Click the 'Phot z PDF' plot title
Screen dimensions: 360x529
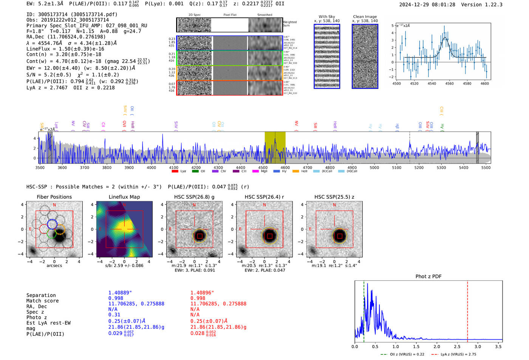tap(428, 277)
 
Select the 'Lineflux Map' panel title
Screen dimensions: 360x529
tap(124, 197)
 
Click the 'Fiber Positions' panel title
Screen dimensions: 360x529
tap(54, 197)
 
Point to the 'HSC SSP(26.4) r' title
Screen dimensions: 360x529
tap(264, 197)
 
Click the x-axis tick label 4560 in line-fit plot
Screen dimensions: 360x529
tap(449, 83)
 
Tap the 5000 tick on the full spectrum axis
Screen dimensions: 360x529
tap(374, 168)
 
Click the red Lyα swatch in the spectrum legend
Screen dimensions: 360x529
tap(175, 171)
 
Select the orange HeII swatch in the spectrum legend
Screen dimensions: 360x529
tap(295, 171)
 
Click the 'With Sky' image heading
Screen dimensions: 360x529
tap(326, 17)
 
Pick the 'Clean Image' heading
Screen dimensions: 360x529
tap(365, 17)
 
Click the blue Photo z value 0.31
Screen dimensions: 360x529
tap(114, 315)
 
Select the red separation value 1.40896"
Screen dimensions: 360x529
tap(202, 293)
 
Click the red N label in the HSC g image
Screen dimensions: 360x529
tap(194, 205)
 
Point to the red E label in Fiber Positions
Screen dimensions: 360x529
tap(30, 229)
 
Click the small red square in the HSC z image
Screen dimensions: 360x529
tap(340, 236)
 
